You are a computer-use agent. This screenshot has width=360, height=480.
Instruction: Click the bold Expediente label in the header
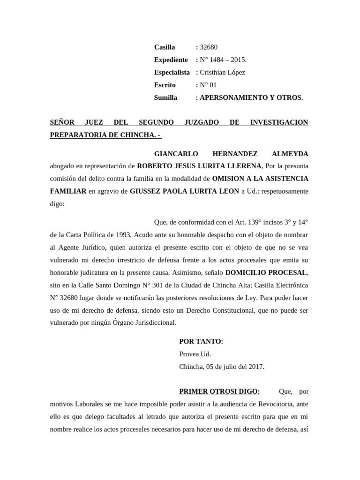coord(171,60)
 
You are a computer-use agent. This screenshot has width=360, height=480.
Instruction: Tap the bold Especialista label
coord(172,73)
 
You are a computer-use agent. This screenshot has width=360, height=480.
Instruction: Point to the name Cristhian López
coord(222,73)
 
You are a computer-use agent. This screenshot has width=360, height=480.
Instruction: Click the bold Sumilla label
coord(165,98)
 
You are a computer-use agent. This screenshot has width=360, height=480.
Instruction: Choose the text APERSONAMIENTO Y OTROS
coord(251,98)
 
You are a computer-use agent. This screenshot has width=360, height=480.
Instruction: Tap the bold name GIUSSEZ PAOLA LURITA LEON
coord(184,191)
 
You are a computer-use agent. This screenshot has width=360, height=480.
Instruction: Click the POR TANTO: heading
coord(201,342)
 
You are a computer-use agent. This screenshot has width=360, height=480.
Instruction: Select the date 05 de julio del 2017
coord(234,367)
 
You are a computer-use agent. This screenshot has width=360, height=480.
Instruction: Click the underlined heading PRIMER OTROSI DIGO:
coord(219,391)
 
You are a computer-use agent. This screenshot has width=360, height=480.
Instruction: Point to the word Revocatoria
coord(284,404)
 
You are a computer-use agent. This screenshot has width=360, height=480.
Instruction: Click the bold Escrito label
coord(165,85)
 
